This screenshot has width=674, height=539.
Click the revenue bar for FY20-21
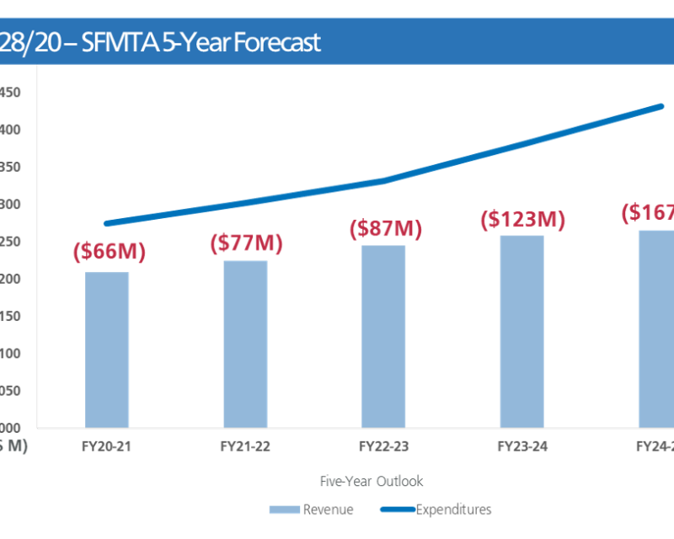tap(107, 350)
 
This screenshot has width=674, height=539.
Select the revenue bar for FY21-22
tap(245, 344)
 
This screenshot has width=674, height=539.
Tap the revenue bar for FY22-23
tap(383, 336)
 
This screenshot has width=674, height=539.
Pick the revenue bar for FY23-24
tap(522, 331)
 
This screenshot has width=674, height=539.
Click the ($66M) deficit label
tap(110, 251)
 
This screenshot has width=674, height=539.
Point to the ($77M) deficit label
tap(246, 244)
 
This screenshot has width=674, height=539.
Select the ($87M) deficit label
tap(384, 230)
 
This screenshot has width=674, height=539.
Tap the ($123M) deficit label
tap(522, 220)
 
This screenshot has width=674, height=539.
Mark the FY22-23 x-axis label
tap(383, 446)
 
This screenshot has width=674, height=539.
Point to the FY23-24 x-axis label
tap(522, 446)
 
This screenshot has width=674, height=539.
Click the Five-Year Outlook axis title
tap(372, 482)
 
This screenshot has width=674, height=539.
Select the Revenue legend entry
tap(328, 510)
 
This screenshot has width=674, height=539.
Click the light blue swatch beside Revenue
tap(284, 510)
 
